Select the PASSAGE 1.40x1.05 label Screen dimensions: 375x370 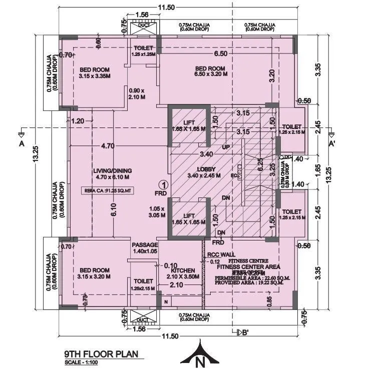[x=145, y=248]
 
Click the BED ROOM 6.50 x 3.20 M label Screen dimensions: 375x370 [x=211, y=71]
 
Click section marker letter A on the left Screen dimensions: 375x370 [x=21, y=143]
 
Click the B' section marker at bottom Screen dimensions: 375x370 [x=244, y=333]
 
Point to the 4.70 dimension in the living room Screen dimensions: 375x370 [x=108, y=146]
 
